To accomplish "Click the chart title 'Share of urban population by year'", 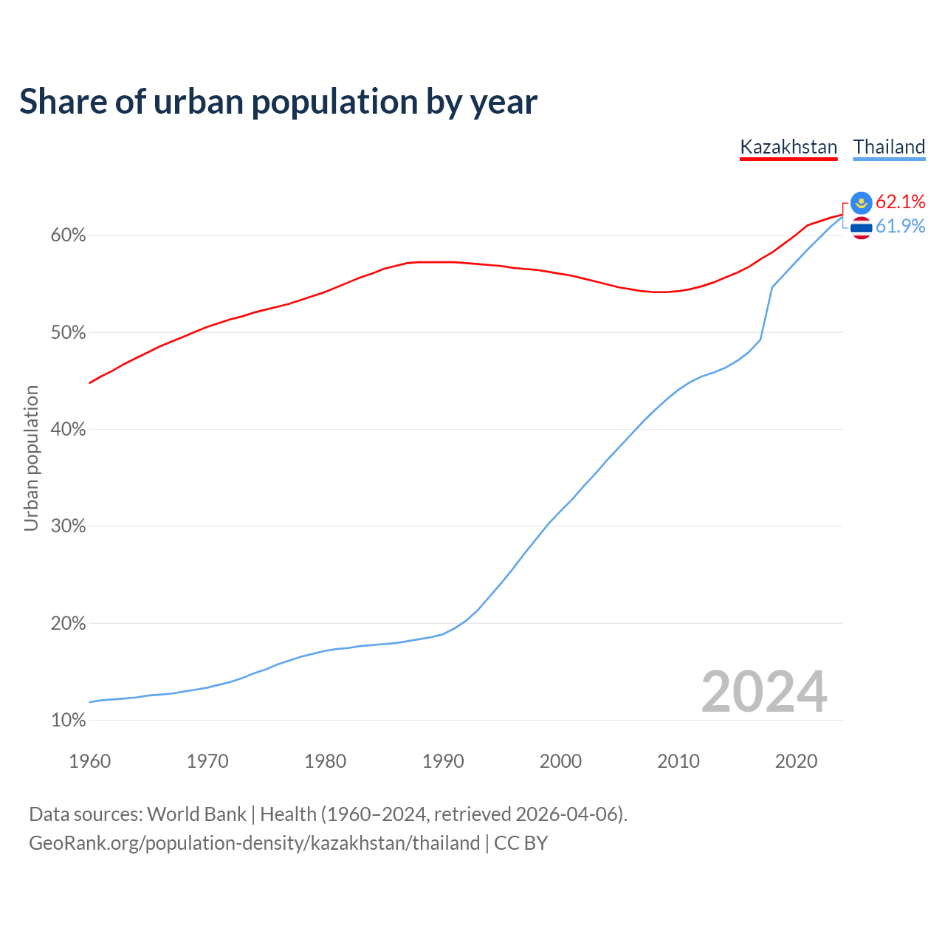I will (x=278, y=102).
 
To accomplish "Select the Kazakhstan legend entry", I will (x=788, y=147).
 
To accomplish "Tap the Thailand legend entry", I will (x=889, y=147).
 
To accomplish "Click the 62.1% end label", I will (x=901, y=202).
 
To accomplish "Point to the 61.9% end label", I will (x=901, y=226).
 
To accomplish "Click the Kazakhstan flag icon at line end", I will (x=862, y=202).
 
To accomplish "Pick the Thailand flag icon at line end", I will (x=862, y=227).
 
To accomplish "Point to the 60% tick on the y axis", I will (x=68, y=236).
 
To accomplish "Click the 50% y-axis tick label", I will (x=68, y=332).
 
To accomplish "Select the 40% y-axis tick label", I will (x=68, y=429).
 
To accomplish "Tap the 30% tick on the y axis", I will (x=68, y=526).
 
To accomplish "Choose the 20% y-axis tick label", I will (x=68, y=623).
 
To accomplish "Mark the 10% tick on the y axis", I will (x=68, y=720).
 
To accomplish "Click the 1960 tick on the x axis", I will (x=89, y=761).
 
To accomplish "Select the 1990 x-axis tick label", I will (x=443, y=761).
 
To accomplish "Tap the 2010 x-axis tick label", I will (x=678, y=761).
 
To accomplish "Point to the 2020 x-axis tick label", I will (x=796, y=761).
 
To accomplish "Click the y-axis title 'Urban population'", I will (x=31, y=458).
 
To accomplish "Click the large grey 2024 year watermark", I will (x=764, y=692).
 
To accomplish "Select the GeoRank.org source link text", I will (x=255, y=843).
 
